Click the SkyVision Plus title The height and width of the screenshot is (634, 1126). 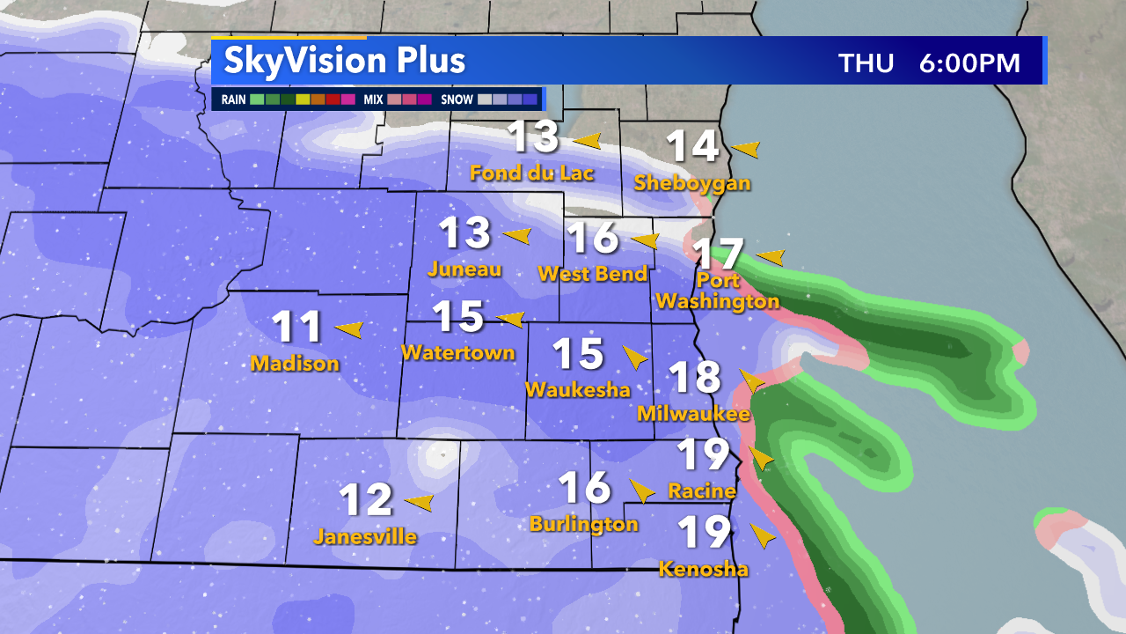344,61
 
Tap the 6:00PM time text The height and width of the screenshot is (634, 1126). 969,63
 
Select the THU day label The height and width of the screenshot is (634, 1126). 866,63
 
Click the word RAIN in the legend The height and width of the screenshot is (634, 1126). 233,100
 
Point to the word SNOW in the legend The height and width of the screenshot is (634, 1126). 457,100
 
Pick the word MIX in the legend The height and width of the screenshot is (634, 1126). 373,100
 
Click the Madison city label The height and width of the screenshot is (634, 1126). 295,363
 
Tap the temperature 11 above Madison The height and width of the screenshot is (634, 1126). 297,328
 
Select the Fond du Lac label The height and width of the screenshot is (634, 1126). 532,173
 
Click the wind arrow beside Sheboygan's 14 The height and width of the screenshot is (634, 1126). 746,149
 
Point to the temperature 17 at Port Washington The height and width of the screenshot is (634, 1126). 718,254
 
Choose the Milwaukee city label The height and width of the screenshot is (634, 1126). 693,413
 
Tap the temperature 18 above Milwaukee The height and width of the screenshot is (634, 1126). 695,378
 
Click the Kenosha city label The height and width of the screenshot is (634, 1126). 704,569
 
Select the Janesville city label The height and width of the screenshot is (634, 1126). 365,536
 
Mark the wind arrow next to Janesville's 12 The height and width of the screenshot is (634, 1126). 420,503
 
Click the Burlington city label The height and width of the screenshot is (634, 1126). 583,524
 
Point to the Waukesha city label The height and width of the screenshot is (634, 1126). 578,389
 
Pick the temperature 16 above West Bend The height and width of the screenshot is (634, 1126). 593,239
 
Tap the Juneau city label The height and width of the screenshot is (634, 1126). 464,269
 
